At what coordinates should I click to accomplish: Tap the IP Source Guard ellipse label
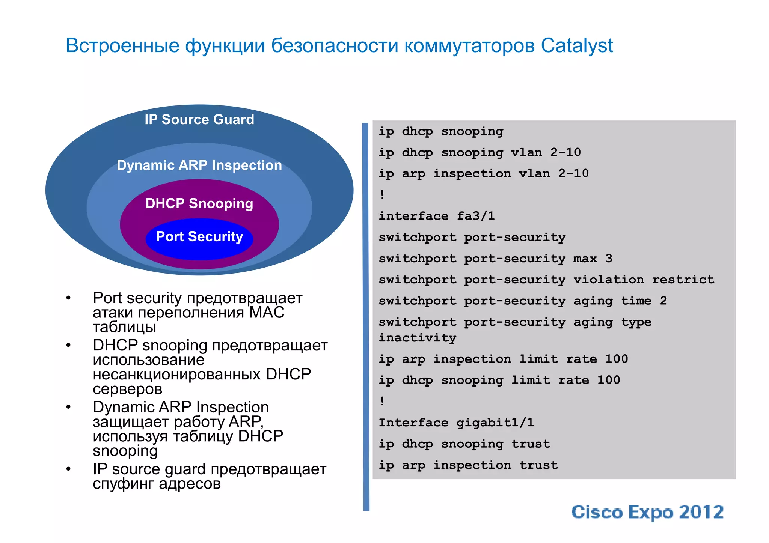[x=199, y=120]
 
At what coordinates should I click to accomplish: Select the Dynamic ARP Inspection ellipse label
[x=199, y=165]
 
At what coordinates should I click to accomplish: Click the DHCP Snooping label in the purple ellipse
[x=199, y=203]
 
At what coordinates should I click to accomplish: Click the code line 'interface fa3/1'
[x=437, y=216]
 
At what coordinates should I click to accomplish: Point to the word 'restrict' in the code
[x=683, y=280]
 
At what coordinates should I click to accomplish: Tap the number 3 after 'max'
[x=609, y=259]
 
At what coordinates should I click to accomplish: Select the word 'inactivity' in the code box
[x=417, y=338]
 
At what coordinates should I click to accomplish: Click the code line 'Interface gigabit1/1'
[x=456, y=423]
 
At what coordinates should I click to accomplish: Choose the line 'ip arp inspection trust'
[x=468, y=465]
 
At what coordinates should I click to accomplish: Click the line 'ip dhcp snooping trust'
[x=464, y=444]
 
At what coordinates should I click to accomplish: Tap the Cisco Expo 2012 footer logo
[x=647, y=512]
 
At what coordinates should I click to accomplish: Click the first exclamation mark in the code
[x=382, y=194]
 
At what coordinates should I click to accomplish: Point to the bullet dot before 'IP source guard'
[x=68, y=469]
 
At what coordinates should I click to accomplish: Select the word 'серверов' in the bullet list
[x=128, y=389]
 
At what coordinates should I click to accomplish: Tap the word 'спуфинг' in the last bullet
[x=124, y=484]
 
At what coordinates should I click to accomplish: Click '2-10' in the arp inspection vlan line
[x=573, y=173]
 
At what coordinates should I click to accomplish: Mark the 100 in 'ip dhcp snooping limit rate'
[x=609, y=380]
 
